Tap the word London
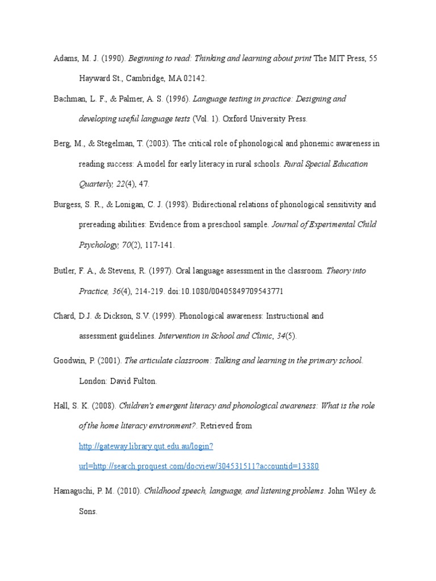92,381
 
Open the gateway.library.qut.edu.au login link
145,447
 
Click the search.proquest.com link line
198,466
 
